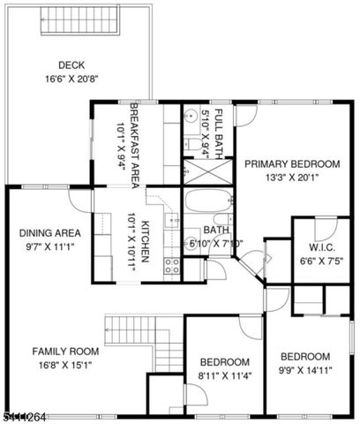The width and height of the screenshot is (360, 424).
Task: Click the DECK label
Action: click(x=71, y=64)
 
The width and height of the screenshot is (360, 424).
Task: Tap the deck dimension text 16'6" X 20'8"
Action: click(x=71, y=78)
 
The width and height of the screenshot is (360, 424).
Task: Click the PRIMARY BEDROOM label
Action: click(x=291, y=163)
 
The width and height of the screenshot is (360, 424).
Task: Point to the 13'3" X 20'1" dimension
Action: click(x=291, y=177)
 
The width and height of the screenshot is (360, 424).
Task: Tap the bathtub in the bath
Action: click(x=207, y=208)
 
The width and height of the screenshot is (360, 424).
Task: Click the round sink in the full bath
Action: click(x=190, y=114)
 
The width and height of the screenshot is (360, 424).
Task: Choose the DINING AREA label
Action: click(x=50, y=233)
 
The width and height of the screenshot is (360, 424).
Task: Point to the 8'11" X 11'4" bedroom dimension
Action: click(x=224, y=375)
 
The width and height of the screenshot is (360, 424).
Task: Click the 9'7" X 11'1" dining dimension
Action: click(x=50, y=246)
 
